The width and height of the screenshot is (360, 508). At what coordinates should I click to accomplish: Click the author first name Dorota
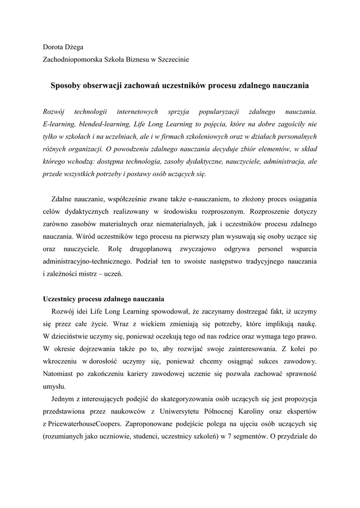[53, 47]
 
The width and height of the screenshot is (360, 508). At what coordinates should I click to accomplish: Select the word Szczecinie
[173, 60]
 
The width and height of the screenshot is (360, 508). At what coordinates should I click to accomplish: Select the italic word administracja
[285, 162]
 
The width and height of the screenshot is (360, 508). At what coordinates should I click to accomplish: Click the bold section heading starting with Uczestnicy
[103, 300]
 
